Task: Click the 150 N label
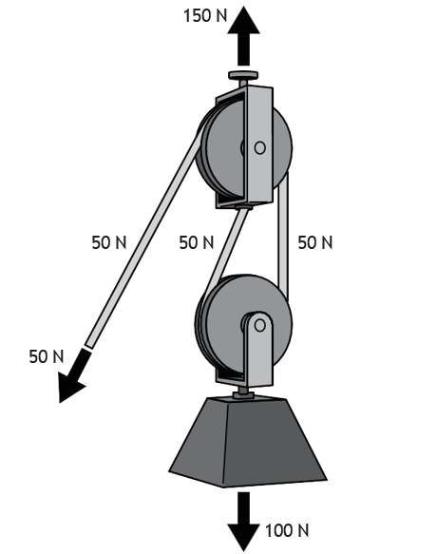click(205, 16)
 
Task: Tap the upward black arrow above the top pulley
click(243, 36)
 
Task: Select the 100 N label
click(287, 530)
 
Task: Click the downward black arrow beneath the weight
click(243, 521)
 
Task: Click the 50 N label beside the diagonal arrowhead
click(47, 356)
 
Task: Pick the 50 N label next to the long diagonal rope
click(109, 242)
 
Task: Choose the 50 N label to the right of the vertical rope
click(315, 242)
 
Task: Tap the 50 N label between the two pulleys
click(197, 242)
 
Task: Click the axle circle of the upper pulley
click(259, 147)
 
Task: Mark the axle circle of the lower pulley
click(259, 325)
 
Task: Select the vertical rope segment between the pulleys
click(282, 237)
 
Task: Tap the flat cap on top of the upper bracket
click(243, 75)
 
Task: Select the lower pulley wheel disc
click(244, 324)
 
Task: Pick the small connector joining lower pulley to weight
click(243, 392)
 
